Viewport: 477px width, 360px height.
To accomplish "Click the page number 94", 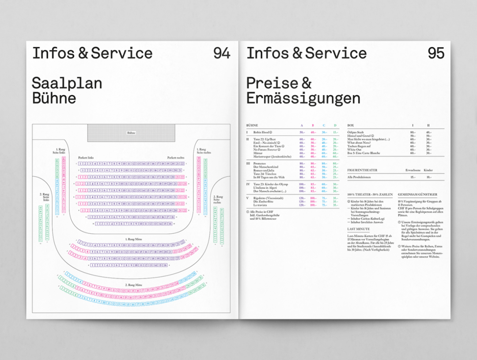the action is [x=222, y=53].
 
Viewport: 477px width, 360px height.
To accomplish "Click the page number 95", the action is [x=436, y=53].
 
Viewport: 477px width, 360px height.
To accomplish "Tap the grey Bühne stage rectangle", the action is [x=131, y=133].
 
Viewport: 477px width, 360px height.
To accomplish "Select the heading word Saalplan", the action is [x=67, y=83].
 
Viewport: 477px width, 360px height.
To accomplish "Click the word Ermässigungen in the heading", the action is [x=303, y=98].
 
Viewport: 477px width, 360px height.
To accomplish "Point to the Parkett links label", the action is [x=86, y=157].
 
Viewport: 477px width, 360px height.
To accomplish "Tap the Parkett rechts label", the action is [x=175, y=157].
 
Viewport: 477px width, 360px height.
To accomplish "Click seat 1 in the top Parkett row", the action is [x=81, y=163].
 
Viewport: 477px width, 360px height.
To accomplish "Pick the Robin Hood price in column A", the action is [x=302, y=132].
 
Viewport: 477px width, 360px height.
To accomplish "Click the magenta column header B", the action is [x=313, y=125].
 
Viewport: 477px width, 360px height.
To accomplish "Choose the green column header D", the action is [x=335, y=125].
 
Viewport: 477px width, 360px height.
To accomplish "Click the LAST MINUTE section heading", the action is [x=358, y=229].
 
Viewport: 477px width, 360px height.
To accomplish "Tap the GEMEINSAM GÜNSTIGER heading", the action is [x=417, y=194].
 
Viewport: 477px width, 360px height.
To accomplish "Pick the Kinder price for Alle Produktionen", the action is [x=428, y=177].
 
